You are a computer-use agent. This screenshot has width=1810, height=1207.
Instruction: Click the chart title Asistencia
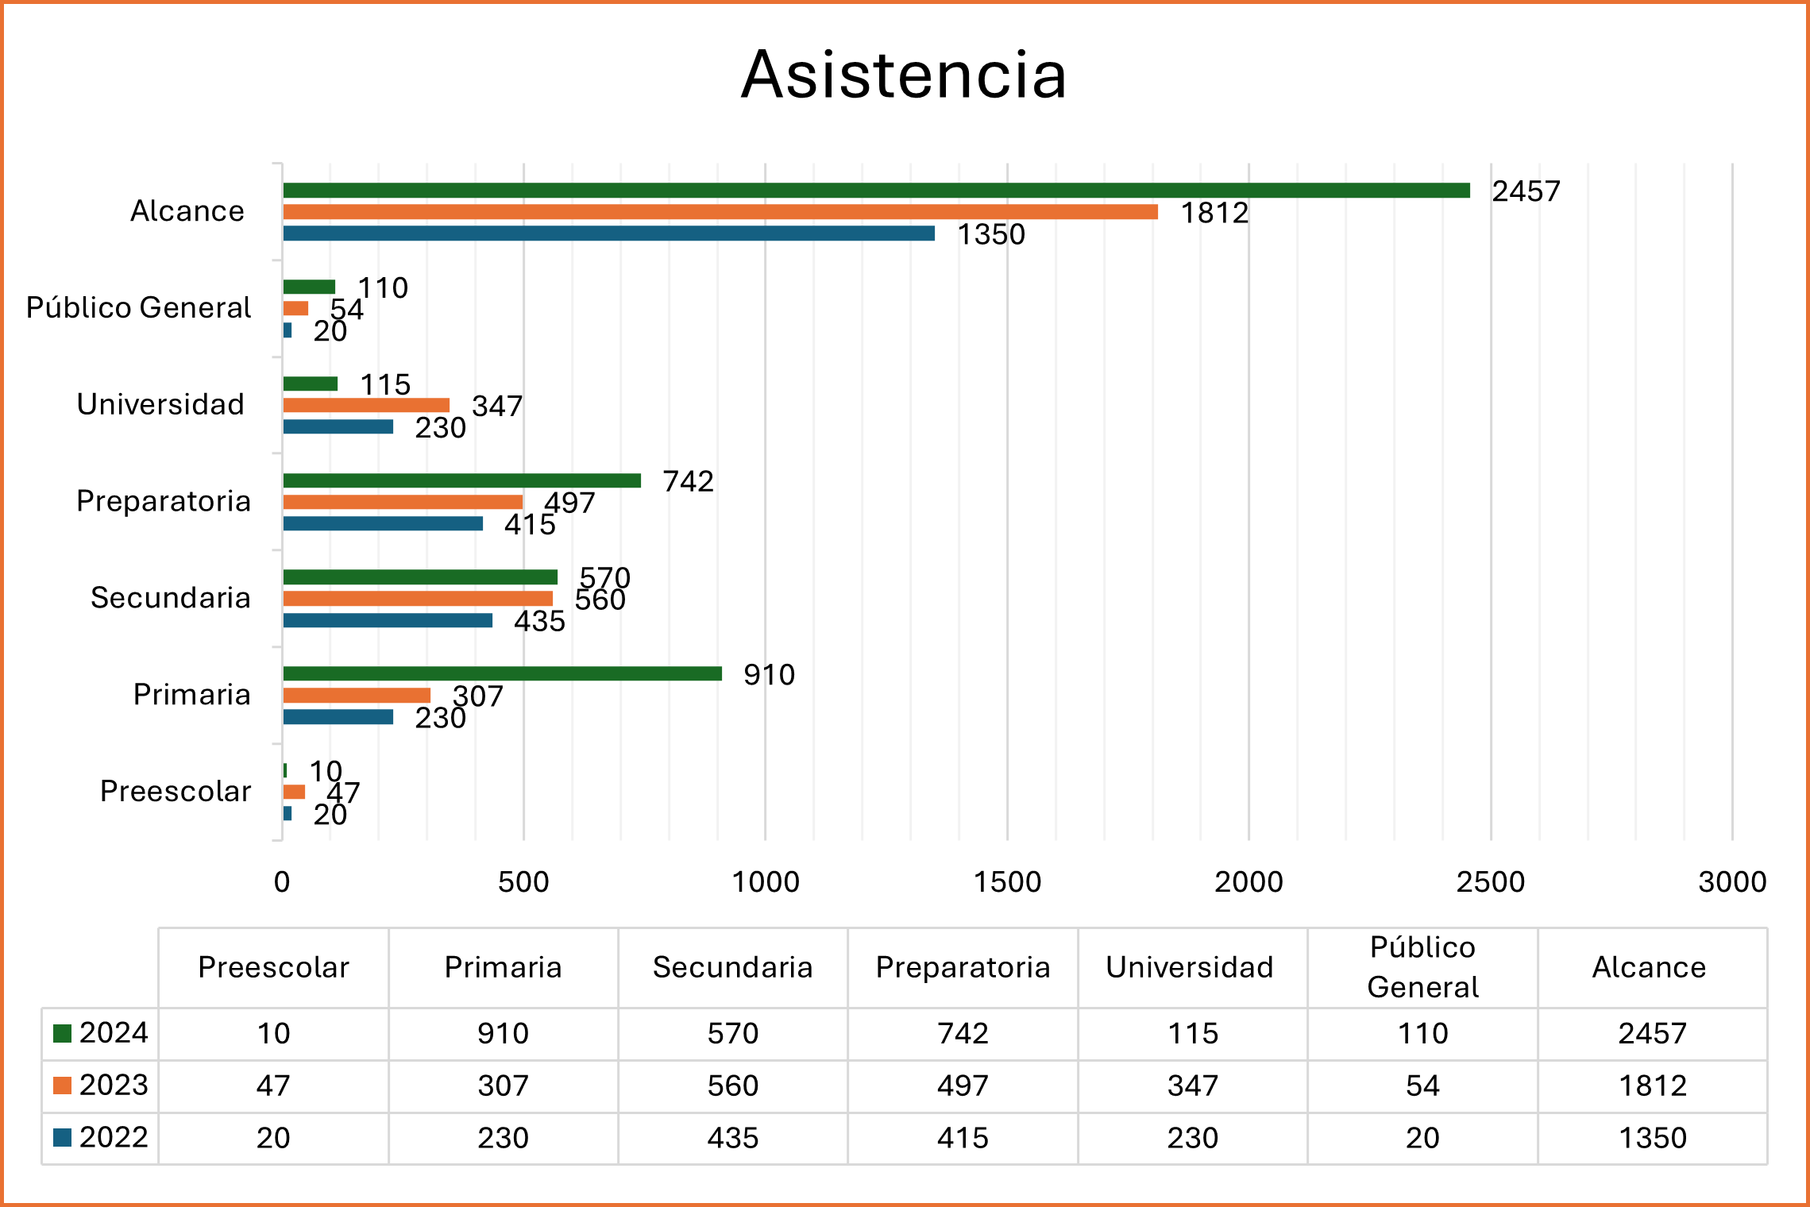tap(904, 75)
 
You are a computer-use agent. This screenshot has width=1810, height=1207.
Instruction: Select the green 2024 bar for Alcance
tap(874, 191)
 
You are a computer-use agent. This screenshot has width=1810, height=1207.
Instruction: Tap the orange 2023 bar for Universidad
tap(366, 405)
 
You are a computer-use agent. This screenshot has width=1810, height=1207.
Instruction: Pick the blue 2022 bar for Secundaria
tap(388, 620)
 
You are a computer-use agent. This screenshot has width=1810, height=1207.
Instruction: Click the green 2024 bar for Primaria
tap(502, 673)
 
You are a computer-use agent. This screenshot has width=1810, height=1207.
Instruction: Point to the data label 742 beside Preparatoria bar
tap(688, 481)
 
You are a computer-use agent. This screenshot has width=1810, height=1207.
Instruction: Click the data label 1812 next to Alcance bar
tap(1214, 213)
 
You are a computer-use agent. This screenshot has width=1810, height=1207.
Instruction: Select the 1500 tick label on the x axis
tap(1007, 881)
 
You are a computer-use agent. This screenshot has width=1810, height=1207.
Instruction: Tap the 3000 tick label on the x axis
tap(1732, 881)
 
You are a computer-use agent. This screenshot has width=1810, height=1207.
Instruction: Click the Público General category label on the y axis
tap(139, 307)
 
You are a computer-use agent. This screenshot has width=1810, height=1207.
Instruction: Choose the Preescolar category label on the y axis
tap(176, 791)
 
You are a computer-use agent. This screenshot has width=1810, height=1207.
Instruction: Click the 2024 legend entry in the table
tap(101, 1033)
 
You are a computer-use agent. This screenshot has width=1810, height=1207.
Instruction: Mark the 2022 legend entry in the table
tap(101, 1137)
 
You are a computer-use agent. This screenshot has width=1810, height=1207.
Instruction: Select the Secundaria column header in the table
tap(732, 967)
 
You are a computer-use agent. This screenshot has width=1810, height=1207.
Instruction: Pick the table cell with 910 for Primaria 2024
tap(503, 1033)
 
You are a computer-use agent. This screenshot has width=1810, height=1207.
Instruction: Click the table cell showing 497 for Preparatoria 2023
tap(963, 1086)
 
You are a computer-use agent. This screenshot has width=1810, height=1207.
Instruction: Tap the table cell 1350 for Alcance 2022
tap(1652, 1138)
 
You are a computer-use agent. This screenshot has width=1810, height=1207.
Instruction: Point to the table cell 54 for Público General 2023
tap(1422, 1086)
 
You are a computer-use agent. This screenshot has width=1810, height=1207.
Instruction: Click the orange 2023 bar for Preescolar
tap(294, 792)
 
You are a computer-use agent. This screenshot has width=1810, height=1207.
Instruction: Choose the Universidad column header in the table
tap(1190, 967)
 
